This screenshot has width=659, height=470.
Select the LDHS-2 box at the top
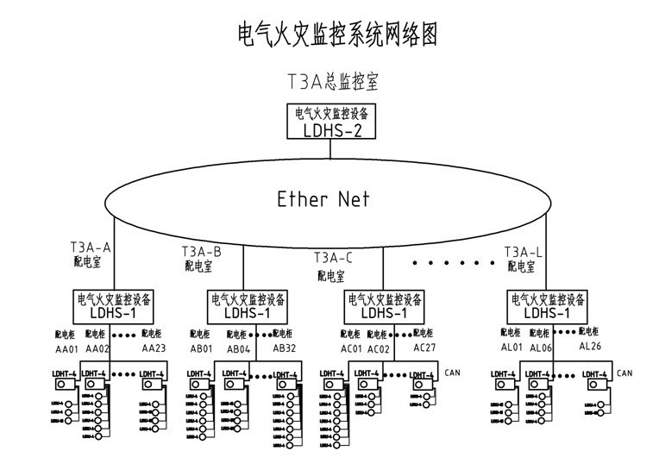(332, 122)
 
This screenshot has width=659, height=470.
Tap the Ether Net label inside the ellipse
(323, 199)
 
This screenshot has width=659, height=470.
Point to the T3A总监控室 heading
(332, 82)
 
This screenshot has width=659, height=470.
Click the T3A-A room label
(91, 247)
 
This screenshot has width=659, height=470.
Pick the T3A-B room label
(201, 252)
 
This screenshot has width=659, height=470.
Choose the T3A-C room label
(333, 257)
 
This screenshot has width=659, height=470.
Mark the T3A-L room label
(524, 252)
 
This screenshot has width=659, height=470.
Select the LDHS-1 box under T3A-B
(248, 306)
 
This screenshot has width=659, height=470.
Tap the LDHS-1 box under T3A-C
(384, 306)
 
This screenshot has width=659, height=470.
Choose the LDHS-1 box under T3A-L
(549, 306)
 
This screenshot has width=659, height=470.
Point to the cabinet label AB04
(238, 348)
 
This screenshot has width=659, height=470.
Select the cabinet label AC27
(425, 348)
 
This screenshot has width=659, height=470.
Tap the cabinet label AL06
(541, 348)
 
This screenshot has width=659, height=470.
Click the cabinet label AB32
(285, 348)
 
